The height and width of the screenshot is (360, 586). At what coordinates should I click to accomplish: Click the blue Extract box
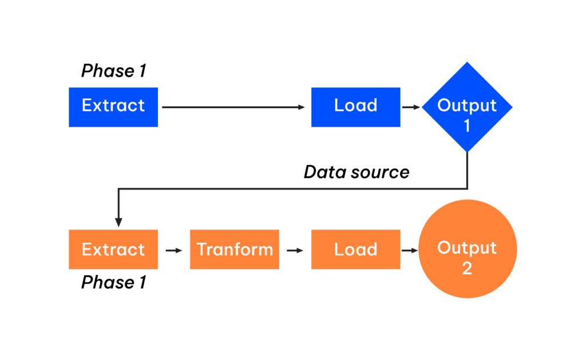(113, 106)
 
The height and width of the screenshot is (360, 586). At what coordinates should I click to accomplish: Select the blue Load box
(355, 106)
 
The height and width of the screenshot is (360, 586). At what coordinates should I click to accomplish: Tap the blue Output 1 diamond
(467, 107)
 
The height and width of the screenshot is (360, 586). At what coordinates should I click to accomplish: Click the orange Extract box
(113, 250)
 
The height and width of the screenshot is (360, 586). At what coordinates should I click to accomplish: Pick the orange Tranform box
(235, 250)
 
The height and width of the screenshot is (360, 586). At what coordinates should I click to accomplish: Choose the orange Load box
(355, 250)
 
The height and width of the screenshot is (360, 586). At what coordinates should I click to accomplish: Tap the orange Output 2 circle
(467, 249)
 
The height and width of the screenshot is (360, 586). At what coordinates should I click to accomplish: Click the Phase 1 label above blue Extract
(113, 71)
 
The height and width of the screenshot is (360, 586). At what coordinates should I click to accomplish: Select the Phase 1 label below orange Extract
(113, 282)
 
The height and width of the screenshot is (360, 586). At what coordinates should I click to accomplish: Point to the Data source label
(357, 172)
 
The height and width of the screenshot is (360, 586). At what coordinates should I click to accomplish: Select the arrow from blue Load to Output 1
(411, 107)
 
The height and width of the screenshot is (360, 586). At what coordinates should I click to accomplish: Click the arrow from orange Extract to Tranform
(173, 250)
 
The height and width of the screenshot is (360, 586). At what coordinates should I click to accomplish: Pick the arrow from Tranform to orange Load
(295, 250)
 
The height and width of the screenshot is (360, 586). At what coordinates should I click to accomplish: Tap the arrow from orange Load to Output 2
(409, 250)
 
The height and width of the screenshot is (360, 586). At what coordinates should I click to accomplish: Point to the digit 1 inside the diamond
(467, 125)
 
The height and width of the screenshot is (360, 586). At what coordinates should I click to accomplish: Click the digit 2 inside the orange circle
(467, 268)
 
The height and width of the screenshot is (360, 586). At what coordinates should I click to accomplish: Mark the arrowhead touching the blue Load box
(303, 107)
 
